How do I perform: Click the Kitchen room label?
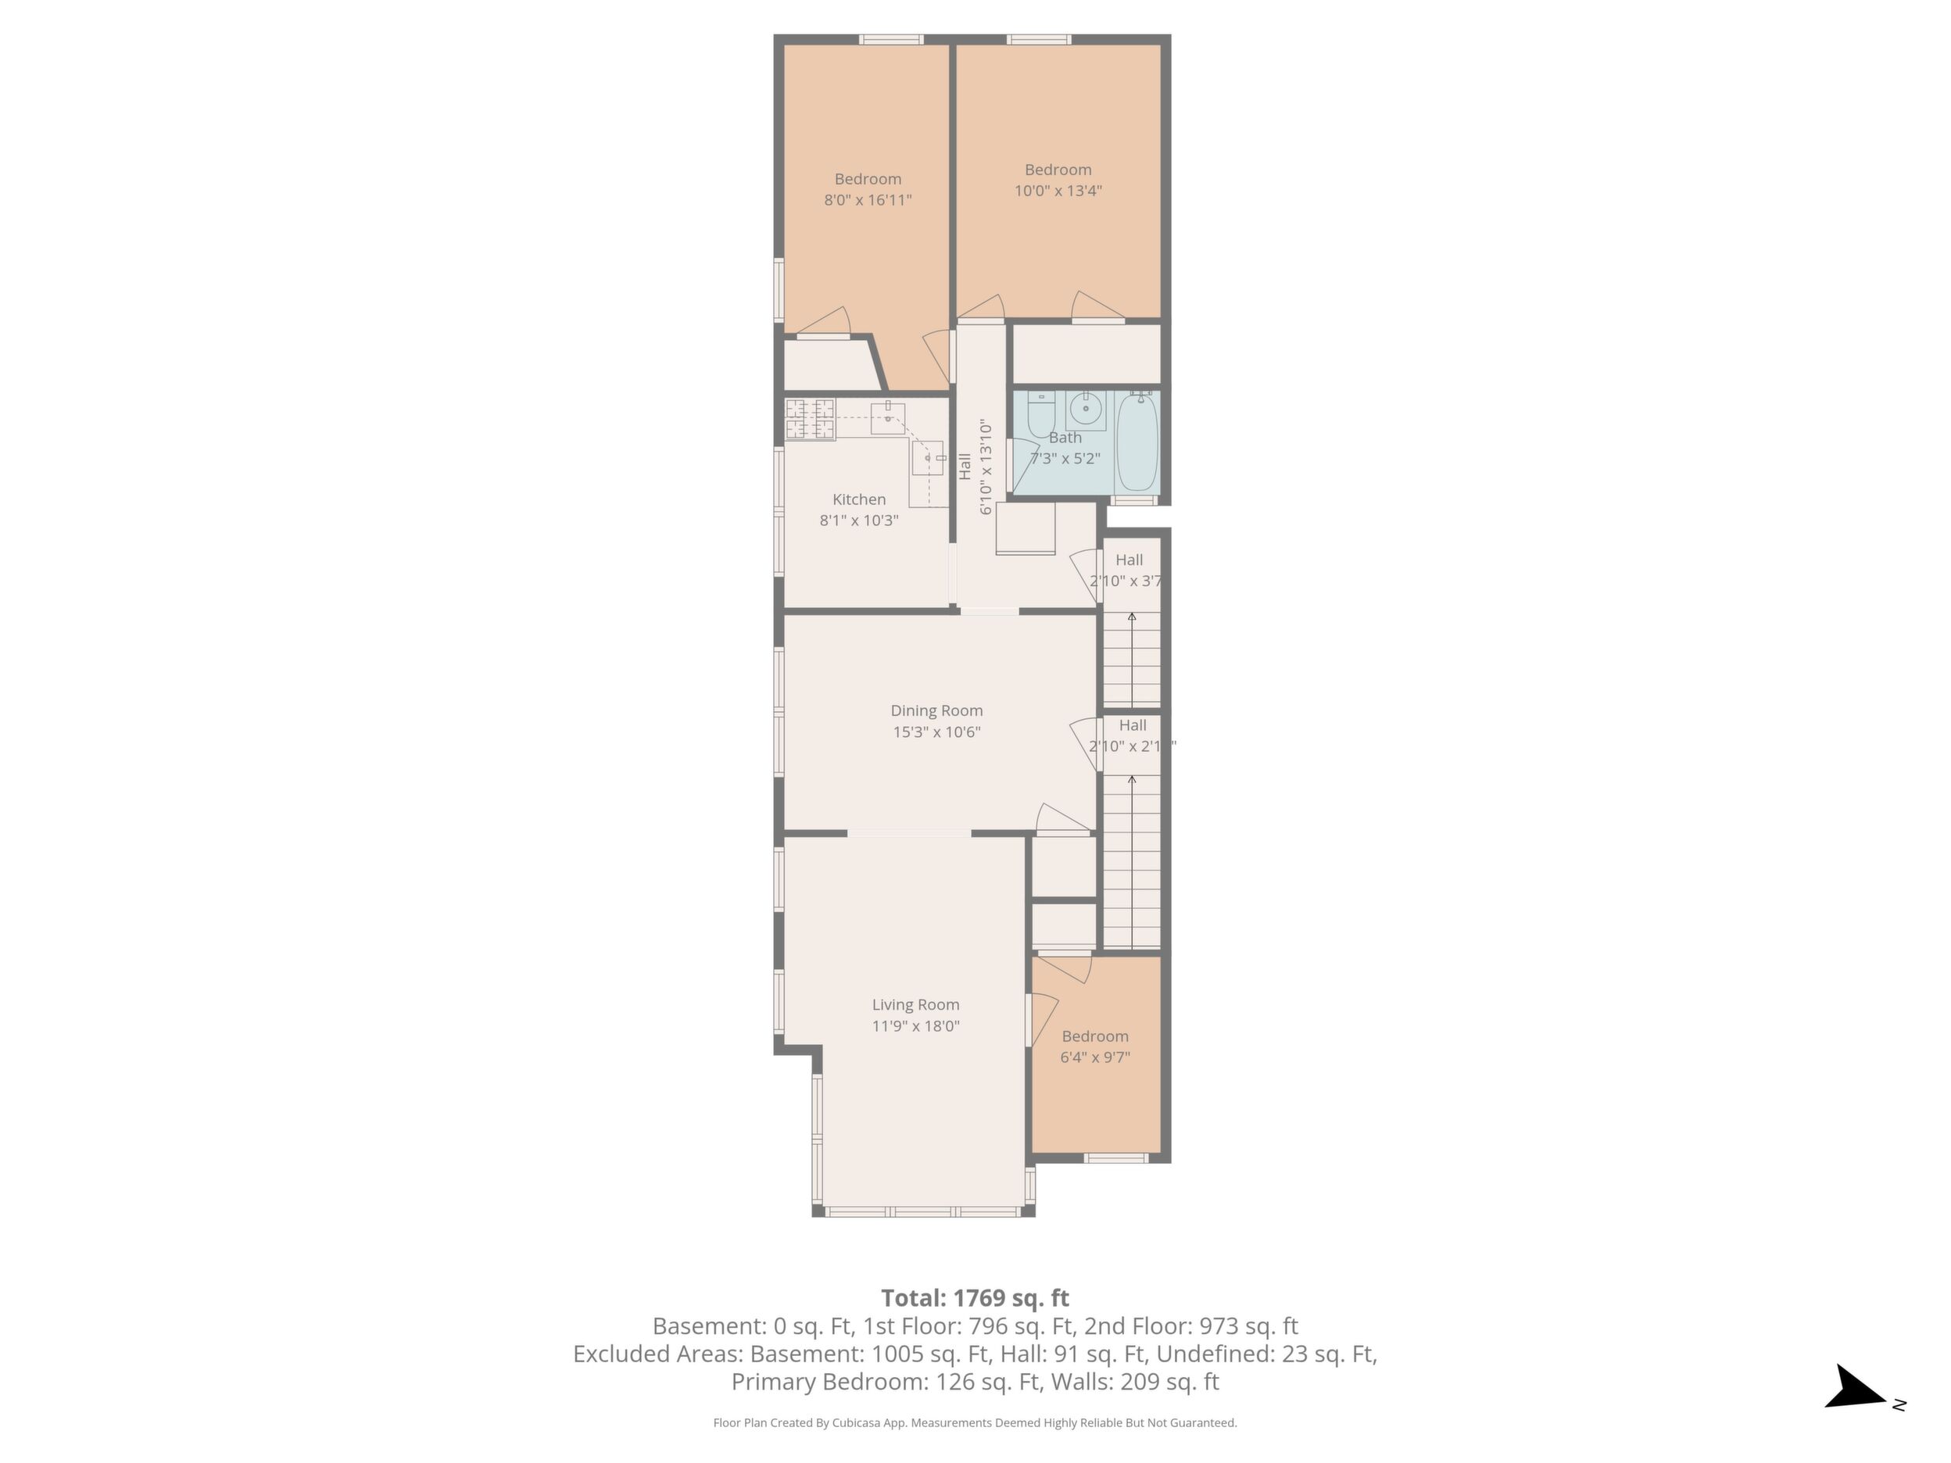(859, 499)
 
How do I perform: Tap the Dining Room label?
(936, 710)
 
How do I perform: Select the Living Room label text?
(915, 1004)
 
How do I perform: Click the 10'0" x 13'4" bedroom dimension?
(1058, 191)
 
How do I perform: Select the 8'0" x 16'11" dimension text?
(868, 200)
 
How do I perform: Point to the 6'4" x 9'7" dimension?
(1095, 1057)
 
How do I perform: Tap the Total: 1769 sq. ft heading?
(976, 1298)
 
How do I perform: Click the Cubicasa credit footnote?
(976, 1422)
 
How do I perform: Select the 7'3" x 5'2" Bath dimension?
(1065, 459)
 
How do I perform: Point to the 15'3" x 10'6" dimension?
(936, 732)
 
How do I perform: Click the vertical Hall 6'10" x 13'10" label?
(976, 467)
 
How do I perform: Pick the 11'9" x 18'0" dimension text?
(915, 1025)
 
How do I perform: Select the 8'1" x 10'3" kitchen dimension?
(859, 520)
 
